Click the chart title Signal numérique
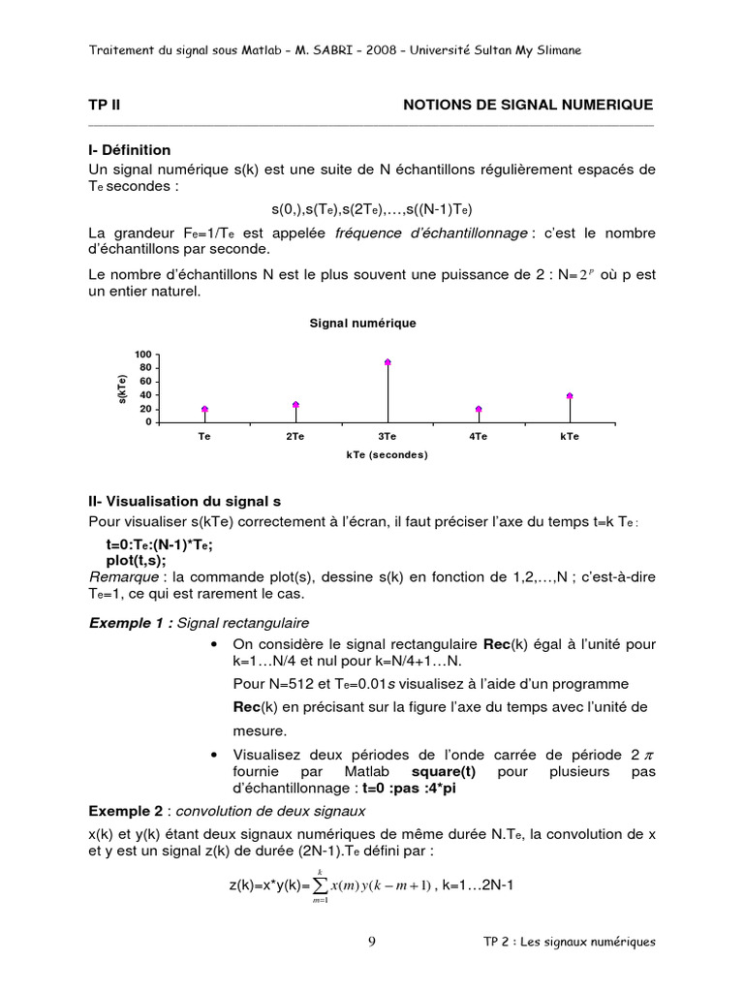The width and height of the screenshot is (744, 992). [362, 324]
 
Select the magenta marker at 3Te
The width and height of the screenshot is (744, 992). [387, 362]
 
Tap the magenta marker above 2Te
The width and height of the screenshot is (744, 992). [295, 405]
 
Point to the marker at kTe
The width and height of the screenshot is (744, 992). [570, 395]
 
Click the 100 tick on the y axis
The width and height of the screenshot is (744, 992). [143, 354]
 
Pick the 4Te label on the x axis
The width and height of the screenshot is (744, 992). [478, 437]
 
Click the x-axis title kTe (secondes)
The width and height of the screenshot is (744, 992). [387, 454]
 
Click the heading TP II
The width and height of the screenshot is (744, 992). [104, 105]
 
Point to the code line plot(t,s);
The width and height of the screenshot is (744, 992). [136, 561]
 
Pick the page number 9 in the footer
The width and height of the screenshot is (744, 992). [372, 942]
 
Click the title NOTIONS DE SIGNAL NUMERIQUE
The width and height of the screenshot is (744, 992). [528, 105]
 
